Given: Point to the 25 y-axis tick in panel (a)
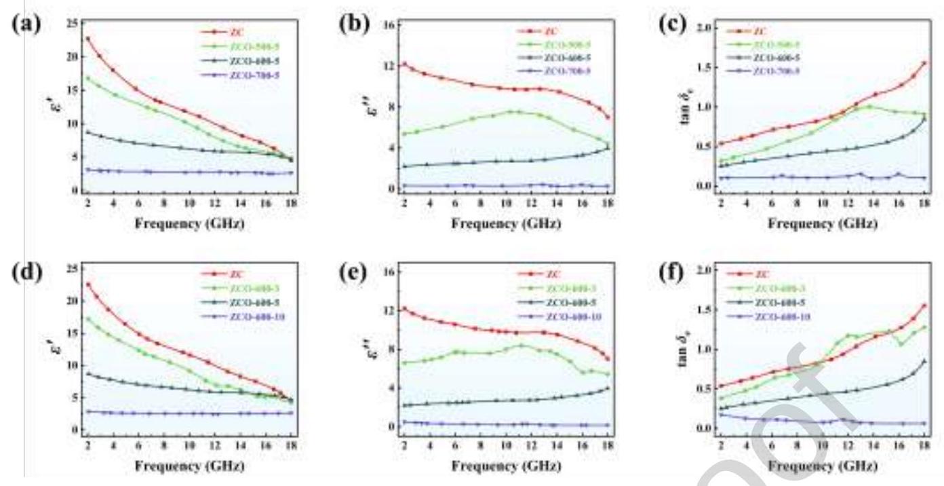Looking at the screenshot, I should pos(73,24).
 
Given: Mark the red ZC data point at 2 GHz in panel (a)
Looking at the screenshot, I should pos(88,39).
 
